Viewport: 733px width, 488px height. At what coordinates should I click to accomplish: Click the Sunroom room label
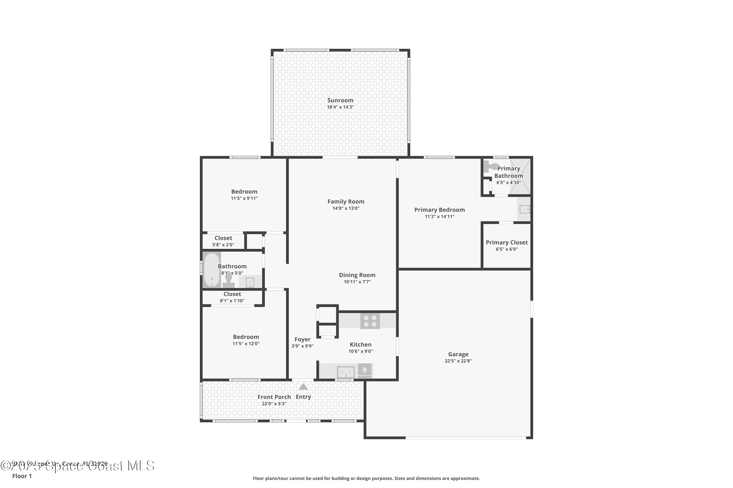pyautogui.click(x=340, y=100)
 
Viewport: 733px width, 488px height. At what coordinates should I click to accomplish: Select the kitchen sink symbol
pyautogui.click(x=346, y=372)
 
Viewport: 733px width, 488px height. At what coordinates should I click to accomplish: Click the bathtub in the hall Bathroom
pyautogui.click(x=212, y=270)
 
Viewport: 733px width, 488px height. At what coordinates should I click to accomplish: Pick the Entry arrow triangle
pyautogui.click(x=303, y=387)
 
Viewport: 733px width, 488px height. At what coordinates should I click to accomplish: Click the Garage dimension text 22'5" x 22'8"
pyautogui.click(x=458, y=361)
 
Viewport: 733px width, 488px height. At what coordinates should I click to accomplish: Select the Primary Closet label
pyautogui.click(x=507, y=243)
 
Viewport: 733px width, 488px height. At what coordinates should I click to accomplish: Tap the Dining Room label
pyautogui.click(x=357, y=275)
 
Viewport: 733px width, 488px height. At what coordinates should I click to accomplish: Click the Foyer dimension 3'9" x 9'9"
pyautogui.click(x=302, y=346)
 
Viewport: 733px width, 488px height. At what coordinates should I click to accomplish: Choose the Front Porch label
pyautogui.click(x=274, y=397)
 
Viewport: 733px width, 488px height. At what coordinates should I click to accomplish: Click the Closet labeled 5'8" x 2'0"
pyautogui.click(x=223, y=238)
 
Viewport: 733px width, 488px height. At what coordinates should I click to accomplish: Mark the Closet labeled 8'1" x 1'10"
pyautogui.click(x=232, y=294)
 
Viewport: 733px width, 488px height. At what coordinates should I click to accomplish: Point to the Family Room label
pyautogui.click(x=346, y=202)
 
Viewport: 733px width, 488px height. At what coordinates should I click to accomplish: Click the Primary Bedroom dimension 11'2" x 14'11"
pyautogui.click(x=439, y=217)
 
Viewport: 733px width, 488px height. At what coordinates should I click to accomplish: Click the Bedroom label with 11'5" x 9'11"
pyautogui.click(x=244, y=192)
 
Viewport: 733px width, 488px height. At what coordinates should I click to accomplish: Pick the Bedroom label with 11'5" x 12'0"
pyautogui.click(x=246, y=337)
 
